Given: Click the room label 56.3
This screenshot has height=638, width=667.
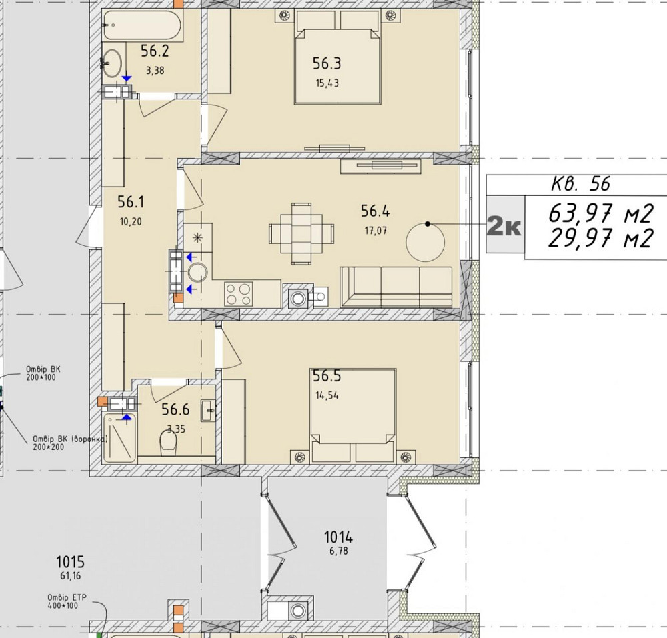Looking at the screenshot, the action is tap(327, 63).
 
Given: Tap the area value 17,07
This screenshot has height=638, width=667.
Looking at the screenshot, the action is tap(376, 231).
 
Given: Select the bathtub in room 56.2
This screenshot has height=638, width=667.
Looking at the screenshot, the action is tap(143, 25).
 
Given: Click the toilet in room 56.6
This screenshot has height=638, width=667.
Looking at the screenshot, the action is tap(169, 443).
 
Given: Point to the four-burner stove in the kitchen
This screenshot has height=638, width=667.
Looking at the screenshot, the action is tap(239, 294).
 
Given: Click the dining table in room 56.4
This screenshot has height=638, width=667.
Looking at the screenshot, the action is tap(301, 234).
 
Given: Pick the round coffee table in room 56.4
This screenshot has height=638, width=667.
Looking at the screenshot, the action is tap(426, 242).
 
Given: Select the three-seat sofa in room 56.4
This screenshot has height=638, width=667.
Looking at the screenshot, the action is tap(396, 287).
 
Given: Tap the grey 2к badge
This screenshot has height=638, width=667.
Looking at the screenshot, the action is tap(505, 225).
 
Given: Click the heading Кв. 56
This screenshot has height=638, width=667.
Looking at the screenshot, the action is tap(581, 184).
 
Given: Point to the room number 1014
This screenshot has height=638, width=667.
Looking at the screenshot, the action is tap(339, 537).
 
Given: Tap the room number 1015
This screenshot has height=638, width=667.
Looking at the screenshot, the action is tap(71, 562).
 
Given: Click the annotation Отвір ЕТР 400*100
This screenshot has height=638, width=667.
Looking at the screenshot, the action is tap(67, 601).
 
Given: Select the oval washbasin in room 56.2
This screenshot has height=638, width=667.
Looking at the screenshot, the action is tap(112, 63).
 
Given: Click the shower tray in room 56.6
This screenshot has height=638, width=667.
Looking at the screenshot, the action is tap(119, 439).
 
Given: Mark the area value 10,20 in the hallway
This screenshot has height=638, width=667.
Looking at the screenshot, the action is tap(131, 221).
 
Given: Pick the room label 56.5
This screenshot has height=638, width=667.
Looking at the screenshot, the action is tap(327, 376).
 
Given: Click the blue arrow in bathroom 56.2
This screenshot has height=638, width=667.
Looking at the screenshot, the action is tap(127, 79).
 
